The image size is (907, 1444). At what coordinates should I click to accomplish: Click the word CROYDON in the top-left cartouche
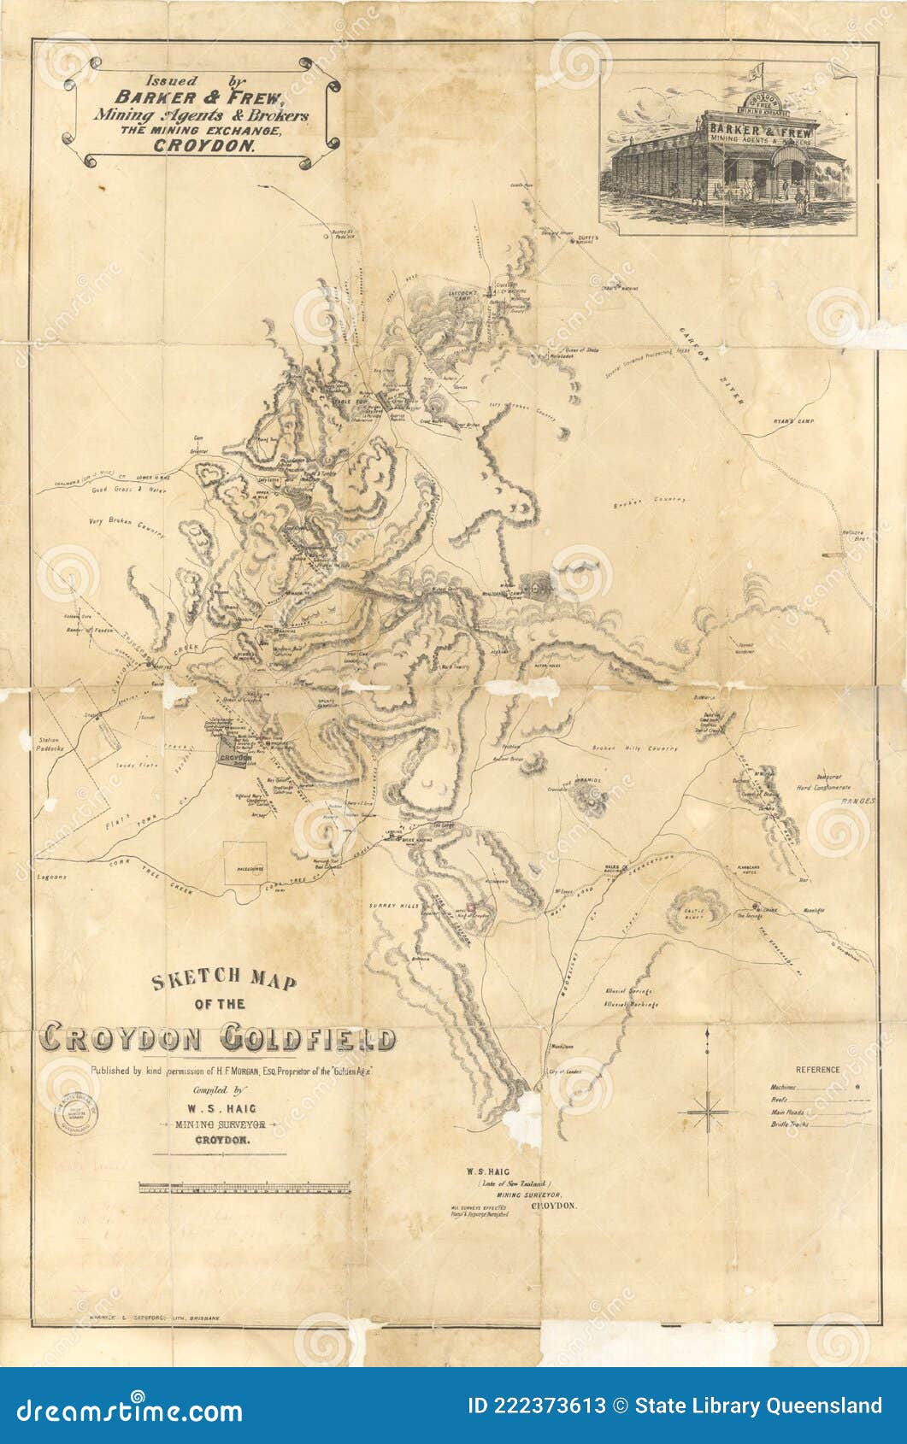pyautogui.click(x=204, y=145)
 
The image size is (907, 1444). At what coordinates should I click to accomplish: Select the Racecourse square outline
pyautogui.click(x=244, y=863)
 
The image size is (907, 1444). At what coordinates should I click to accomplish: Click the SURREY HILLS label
pyautogui.click(x=391, y=904)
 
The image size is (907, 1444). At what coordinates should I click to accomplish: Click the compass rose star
pyautogui.click(x=706, y=1112)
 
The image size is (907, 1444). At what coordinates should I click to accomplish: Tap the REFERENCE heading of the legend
pyautogui.click(x=817, y=1070)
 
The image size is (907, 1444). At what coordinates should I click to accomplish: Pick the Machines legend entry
pyautogui.click(x=784, y=1088)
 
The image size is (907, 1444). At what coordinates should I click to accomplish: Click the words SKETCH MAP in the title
pyautogui.click(x=224, y=980)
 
